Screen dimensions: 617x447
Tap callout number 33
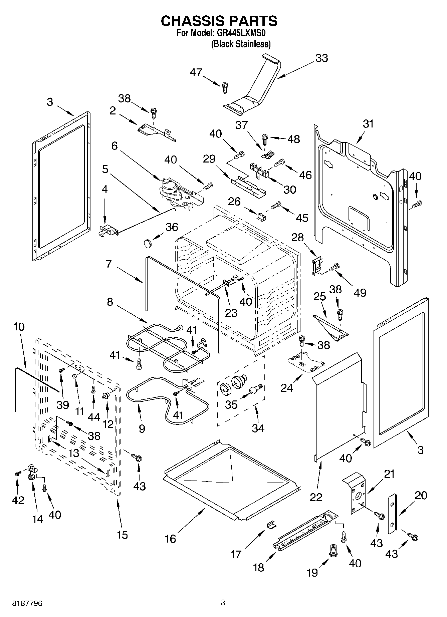(x=321, y=58)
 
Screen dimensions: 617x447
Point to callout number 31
(x=368, y=124)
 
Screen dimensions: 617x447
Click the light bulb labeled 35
(x=256, y=389)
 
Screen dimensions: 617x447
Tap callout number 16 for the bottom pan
(x=170, y=539)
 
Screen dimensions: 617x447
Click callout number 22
(x=316, y=497)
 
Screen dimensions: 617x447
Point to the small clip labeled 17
(x=272, y=525)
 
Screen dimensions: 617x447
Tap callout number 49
(x=360, y=293)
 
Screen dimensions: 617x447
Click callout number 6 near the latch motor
(x=115, y=146)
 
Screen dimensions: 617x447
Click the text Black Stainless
(x=241, y=44)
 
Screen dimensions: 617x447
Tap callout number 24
(x=287, y=387)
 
